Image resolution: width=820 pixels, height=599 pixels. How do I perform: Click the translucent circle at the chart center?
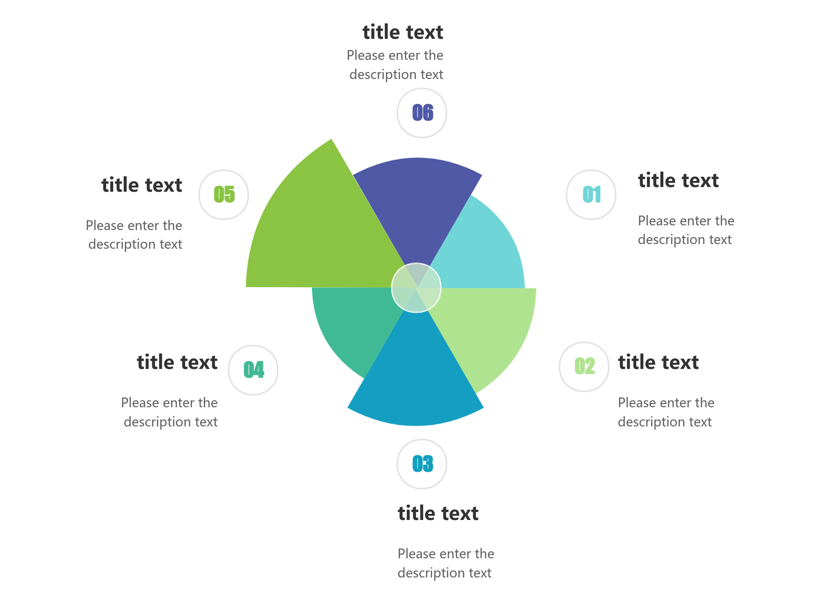coord(416,288)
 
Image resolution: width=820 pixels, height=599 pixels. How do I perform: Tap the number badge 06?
coord(422,113)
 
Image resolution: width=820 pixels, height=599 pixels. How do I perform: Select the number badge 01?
coord(591,195)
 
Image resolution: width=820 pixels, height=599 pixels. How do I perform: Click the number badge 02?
coord(584,367)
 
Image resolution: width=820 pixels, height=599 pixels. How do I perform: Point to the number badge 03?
coord(422,464)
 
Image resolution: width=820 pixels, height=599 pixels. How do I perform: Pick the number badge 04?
coord(253,370)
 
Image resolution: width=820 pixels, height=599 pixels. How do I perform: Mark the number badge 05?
coord(223,195)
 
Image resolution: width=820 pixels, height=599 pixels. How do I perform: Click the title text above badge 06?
coord(403,32)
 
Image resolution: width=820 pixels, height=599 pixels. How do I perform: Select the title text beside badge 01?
coord(678,180)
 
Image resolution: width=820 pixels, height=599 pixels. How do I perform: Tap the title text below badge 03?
coord(438,513)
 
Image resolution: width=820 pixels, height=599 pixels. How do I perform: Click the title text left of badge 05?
coord(142,185)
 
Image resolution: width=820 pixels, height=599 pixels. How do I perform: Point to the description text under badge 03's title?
coord(446,563)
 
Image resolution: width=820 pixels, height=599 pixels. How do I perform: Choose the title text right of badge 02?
coord(658,362)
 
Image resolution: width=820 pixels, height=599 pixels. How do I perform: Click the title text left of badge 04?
coord(177,362)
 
